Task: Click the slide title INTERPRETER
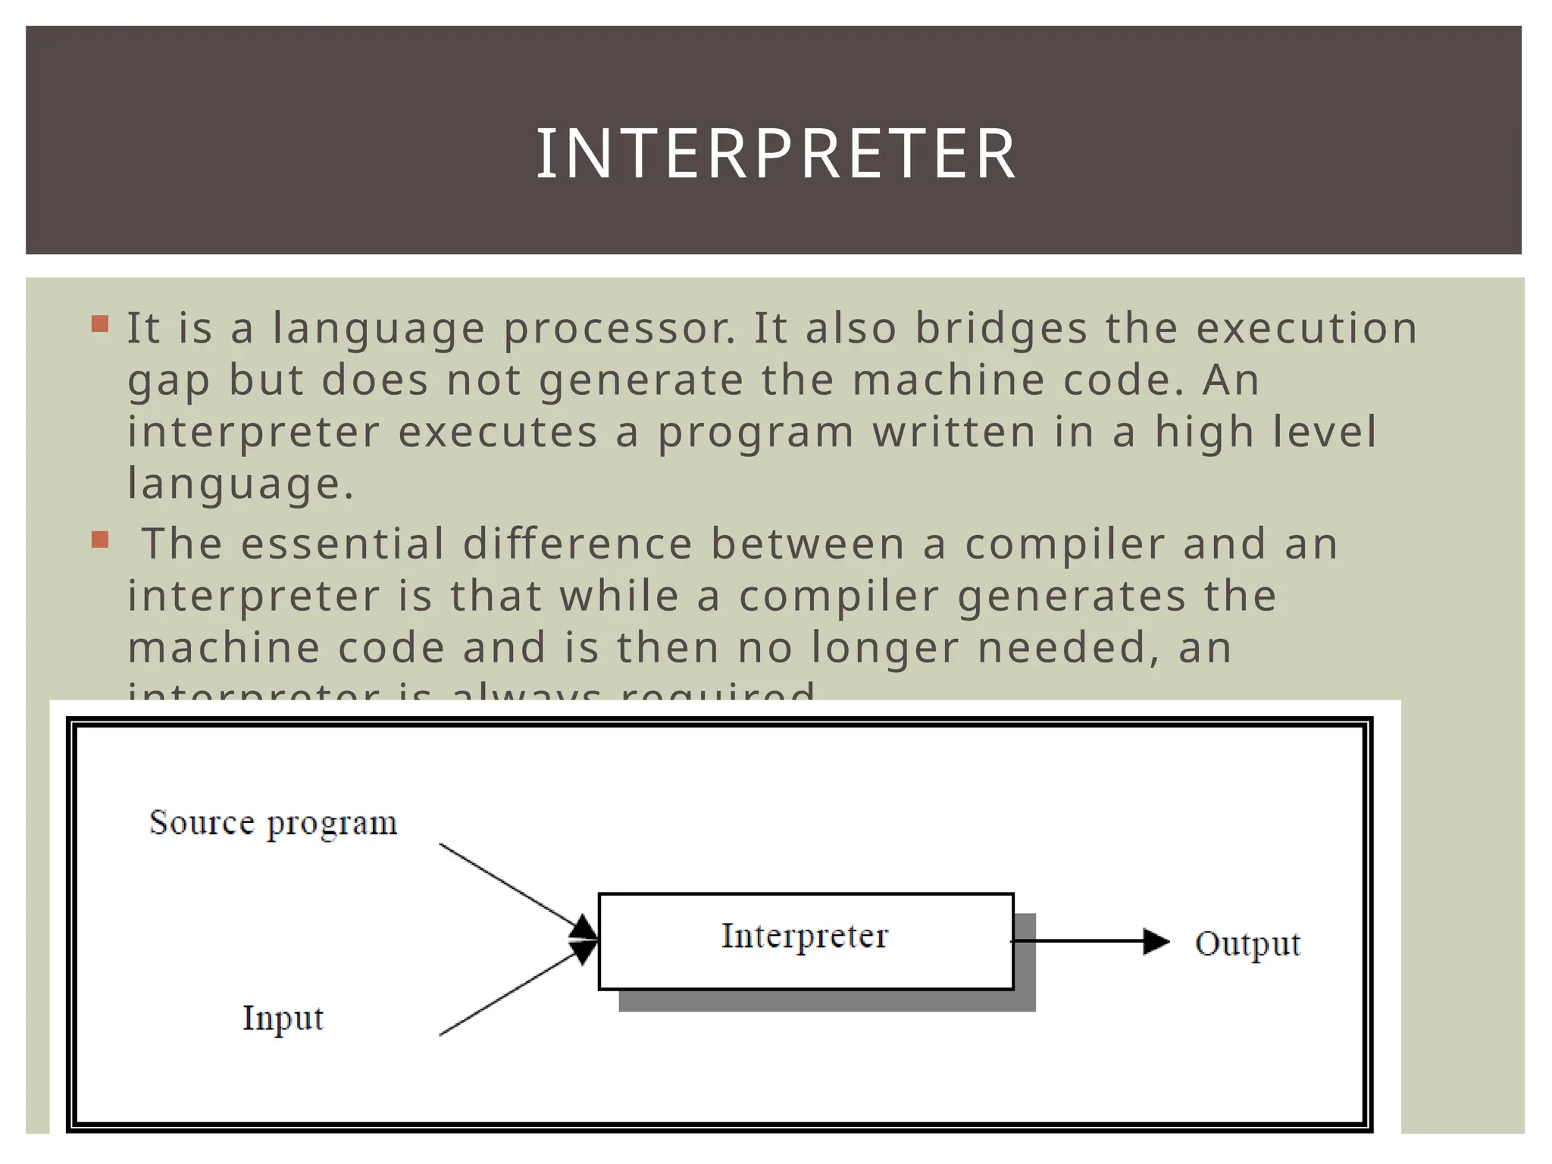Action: (775, 154)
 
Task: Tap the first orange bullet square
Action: (100, 325)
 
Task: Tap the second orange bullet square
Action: (100, 540)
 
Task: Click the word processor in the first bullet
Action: (620, 330)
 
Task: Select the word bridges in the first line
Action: (1001, 330)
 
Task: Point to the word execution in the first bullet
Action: (1306, 328)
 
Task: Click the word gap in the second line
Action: (168, 381)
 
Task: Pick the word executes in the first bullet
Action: (498, 433)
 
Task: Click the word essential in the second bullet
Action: (343, 544)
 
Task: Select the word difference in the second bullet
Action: (578, 544)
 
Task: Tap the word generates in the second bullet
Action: (1072, 596)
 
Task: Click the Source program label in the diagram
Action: (273, 823)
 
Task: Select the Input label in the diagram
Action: (283, 1018)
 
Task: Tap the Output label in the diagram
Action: (1247, 944)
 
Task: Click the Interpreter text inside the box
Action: (804, 937)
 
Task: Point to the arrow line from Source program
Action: (508, 885)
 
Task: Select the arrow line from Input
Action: (508, 994)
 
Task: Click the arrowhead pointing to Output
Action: (1156, 942)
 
